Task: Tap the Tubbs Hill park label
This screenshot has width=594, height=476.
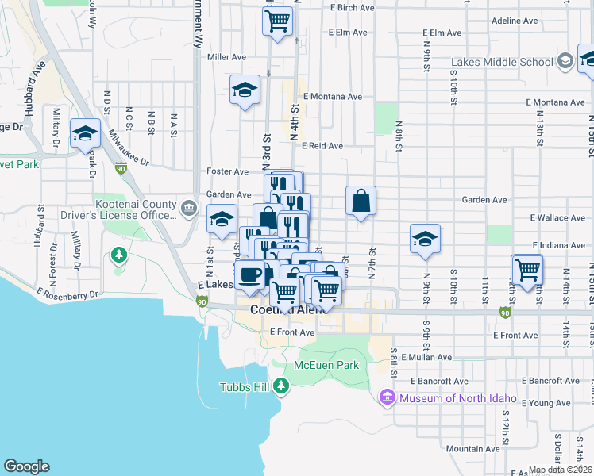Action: pyautogui.click(x=246, y=387)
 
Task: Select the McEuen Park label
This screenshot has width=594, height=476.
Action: pyautogui.click(x=326, y=365)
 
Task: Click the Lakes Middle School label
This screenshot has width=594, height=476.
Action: pyautogui.click(x=502, y=62)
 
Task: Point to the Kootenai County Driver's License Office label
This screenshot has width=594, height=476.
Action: pyautogui.click(x=134, y=209)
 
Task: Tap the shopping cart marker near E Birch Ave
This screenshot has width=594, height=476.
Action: pyautogui.click(x=276, y=21)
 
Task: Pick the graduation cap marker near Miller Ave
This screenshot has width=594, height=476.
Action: pyautogui.click(x=245, y=90)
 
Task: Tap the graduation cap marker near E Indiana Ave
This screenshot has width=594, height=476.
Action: pyautogui.click(x=425, y=239)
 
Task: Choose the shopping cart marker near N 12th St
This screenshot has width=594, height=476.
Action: pyautogui.click(x=527, y=270)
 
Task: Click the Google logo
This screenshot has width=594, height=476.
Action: pyautogui.click(x=26, y=466)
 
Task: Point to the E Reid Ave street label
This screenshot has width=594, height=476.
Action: pyautogui.click(x=322, y=146)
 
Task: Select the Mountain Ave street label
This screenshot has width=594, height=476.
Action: pyautogui.click(x=472, y=448)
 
